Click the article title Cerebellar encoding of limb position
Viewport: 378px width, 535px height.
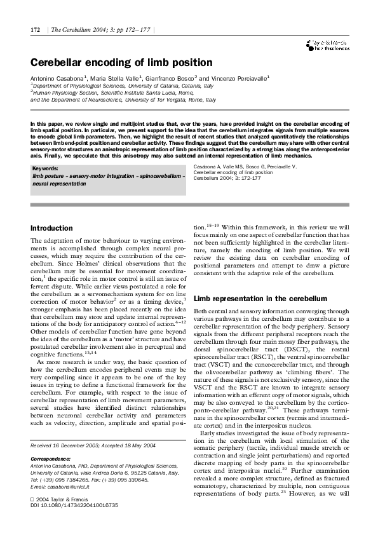pos(121,62)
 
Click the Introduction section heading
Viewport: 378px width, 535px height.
pos(52,228)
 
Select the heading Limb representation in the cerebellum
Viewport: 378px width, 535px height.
pos(260,298)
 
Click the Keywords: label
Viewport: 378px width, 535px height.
pos(45,168)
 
